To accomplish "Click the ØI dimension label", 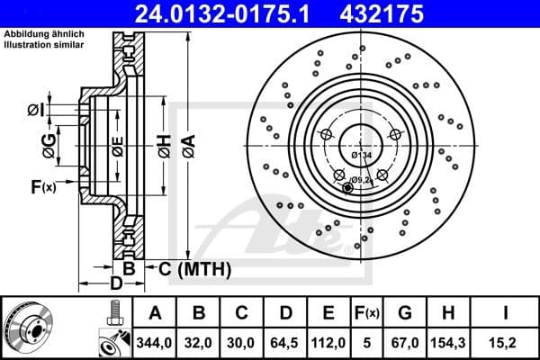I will tap(34, 110).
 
